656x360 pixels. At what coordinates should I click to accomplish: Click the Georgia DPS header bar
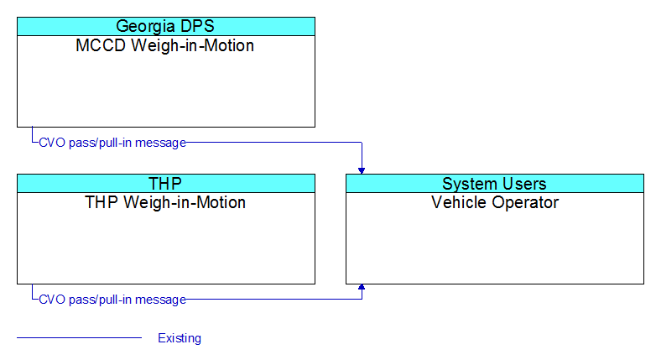pos(166,26)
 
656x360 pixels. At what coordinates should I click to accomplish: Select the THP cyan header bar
pos(166,183)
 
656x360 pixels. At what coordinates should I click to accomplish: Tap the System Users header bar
pos(495,183)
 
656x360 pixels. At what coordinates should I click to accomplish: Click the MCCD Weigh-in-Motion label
pos(164,45)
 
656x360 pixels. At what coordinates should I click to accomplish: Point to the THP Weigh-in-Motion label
pos(165,202)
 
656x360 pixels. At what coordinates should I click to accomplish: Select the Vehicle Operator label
pos(495,202)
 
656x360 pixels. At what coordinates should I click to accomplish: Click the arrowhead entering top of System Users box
pos(362,171)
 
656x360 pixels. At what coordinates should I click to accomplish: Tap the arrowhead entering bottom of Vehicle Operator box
pos(362,287)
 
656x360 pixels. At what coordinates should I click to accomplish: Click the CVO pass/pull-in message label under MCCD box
pos(112,143)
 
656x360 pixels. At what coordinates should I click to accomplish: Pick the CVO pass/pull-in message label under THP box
pos(112,300)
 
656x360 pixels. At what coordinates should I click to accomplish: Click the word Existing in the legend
pos(180,338)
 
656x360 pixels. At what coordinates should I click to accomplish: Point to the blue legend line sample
pos(80,337)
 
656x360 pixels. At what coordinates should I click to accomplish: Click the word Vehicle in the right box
pos(459,202)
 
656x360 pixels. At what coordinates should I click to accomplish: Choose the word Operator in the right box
pos(525,203)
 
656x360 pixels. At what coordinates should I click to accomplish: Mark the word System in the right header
pos(470,184)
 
